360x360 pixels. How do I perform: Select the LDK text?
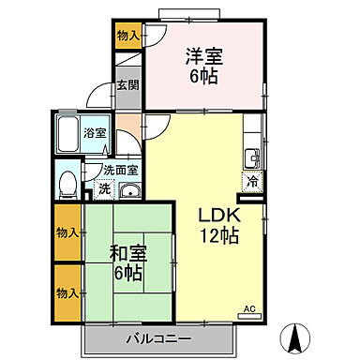point(217,214)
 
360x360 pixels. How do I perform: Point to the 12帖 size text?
point(218,235)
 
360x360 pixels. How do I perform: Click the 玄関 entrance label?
point(127,85)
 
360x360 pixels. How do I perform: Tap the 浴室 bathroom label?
point(94,134)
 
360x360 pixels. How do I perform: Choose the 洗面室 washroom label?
point(120,171)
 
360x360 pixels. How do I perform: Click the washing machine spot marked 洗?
point(103,187)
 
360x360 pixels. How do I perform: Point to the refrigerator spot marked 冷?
point(252,182)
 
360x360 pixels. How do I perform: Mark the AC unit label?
point(249,307)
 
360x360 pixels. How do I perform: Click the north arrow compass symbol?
point(298,337)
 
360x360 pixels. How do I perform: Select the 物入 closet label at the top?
point(127,36)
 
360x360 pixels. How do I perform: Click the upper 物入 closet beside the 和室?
point(67,230)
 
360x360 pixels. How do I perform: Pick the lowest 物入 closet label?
point(67,292)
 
